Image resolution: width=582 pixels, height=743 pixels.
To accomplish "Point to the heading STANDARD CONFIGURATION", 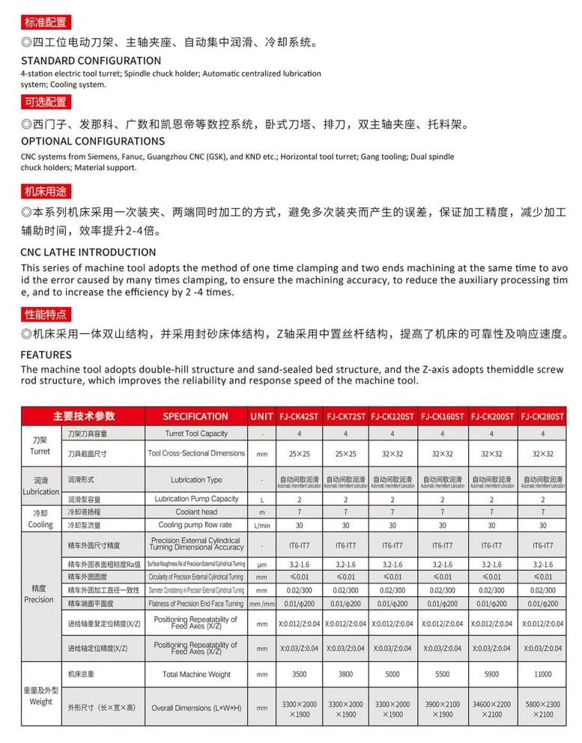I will [x=91, y=60].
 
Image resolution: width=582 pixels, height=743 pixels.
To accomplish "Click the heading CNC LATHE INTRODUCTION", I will [x=88, y=252].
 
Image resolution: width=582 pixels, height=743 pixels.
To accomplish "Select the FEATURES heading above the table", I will [x=46, y=354].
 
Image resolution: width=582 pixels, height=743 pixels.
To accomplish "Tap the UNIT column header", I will [x=262, y=416].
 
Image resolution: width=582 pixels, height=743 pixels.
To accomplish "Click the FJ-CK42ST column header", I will [x=299, y=416].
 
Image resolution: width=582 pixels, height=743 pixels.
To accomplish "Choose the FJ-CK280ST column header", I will [x=543, y=416].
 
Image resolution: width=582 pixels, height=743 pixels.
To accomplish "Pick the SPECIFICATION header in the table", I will [x=195, y=416].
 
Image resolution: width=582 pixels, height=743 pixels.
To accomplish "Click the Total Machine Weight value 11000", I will [x=543, y=674].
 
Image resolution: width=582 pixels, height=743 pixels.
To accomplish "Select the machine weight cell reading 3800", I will [x=345, y=674].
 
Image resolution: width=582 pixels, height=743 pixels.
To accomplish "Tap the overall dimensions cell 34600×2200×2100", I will [x=491, y=709].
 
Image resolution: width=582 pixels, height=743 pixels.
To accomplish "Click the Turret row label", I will [x=40, y=446].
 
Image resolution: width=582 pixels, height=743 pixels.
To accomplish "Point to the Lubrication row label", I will [x=40, y=486].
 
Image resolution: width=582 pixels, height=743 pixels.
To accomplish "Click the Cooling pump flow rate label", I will [x=195, y=525].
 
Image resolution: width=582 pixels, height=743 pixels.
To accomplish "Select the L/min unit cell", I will [x=262, y=525].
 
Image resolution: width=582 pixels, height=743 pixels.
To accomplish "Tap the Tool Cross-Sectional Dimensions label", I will [x=195, y=453].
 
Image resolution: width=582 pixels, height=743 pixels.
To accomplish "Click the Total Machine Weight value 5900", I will [x=491, y=674].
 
